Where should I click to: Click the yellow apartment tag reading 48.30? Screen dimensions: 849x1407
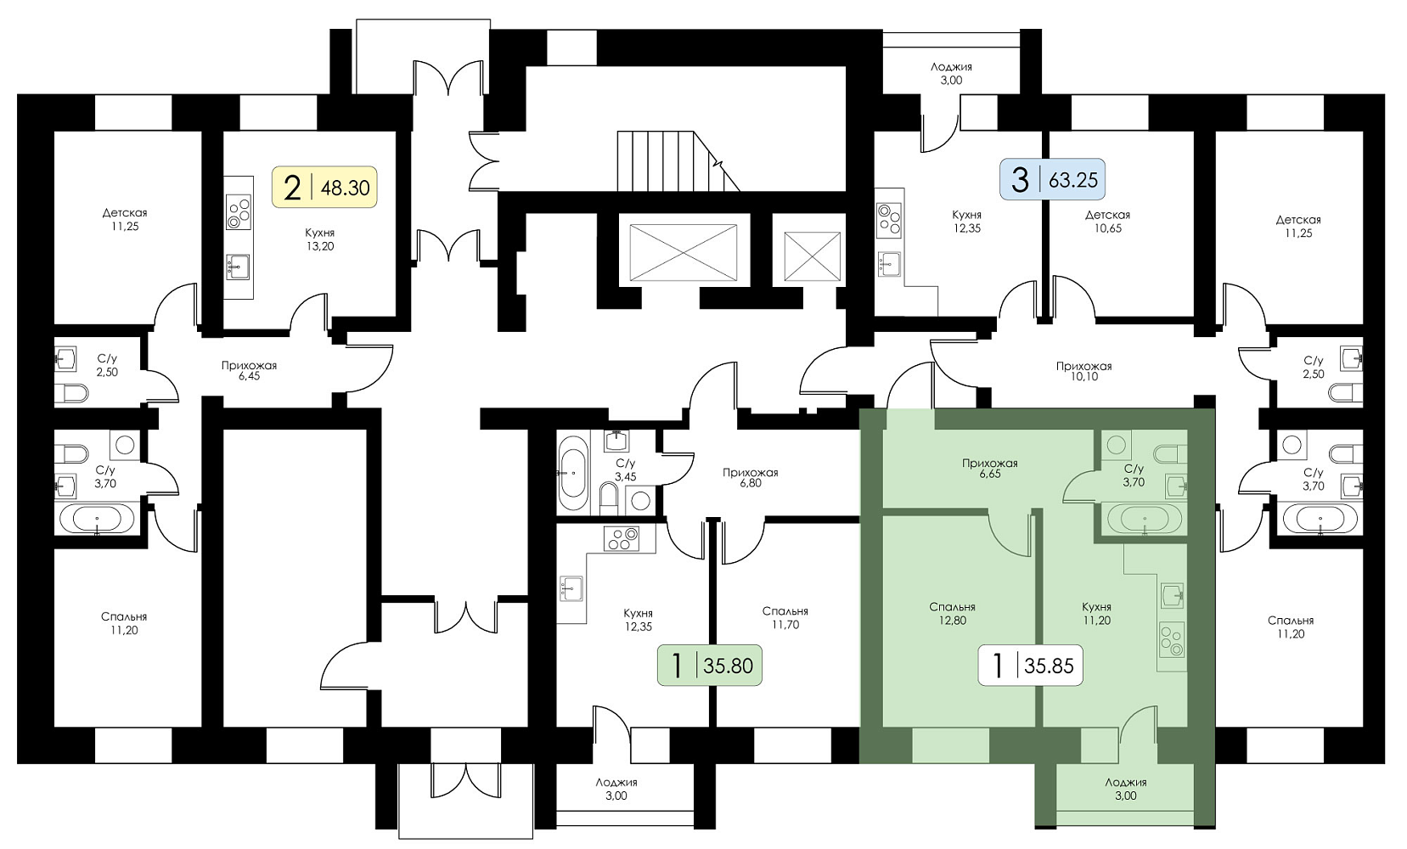click(324, 187)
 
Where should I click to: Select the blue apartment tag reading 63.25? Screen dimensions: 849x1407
click(1054, 180)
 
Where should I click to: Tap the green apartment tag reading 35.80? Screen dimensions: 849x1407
click(710, 666)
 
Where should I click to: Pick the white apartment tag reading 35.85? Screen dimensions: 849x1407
click(1030, 666)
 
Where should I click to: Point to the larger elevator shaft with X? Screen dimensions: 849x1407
click(684, 251)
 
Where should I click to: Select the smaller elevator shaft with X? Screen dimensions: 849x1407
click(811, 256)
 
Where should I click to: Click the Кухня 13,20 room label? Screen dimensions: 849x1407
click(320, 239)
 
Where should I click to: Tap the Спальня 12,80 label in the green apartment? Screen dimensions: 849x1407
click(952, 614)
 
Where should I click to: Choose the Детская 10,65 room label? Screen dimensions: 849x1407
click(1107, 222)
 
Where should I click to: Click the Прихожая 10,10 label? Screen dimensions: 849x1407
click(1083, 371)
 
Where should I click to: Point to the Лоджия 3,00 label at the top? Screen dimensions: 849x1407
click(951, 73)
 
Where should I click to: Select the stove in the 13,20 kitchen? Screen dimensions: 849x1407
click(239, 212)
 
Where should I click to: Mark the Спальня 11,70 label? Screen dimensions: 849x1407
click(785, 617)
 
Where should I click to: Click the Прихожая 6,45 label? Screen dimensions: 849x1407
click(249, 370)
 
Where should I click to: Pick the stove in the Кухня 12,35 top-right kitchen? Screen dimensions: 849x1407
click(889, 219)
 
